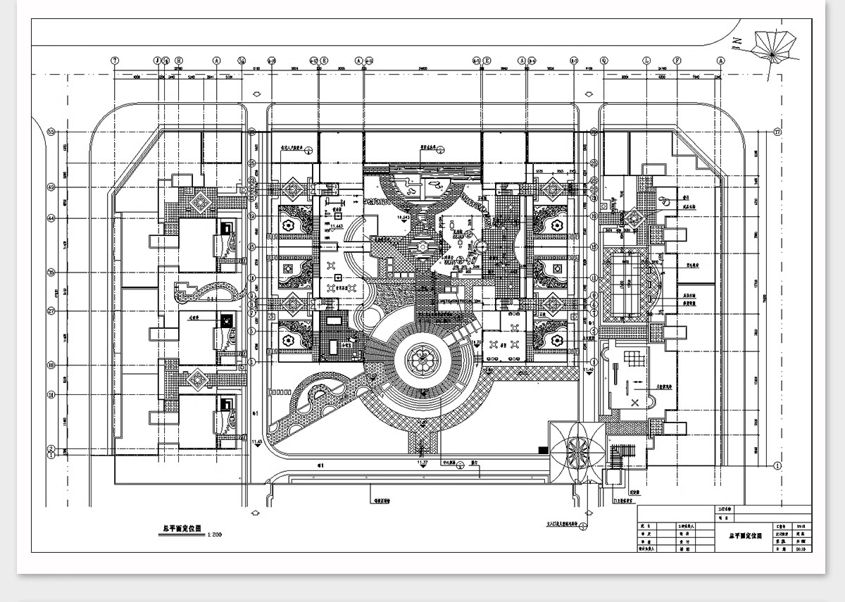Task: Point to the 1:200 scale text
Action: click(215, 536)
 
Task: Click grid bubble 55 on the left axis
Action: click(51, 131)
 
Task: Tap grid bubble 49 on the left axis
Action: click(51, 187)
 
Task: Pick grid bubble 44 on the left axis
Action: click(51, 218)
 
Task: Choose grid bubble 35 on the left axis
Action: click(51, 272)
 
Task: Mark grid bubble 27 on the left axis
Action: click(51, 310)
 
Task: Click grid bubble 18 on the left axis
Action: click(51, 365)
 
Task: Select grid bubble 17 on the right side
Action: click(777, 132)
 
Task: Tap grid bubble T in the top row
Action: click(114, 61)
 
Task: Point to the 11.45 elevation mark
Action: click(256, 441)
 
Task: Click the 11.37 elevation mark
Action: click(421, 461)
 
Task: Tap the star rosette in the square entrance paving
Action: click(576, 449)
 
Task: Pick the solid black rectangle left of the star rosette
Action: click(543, 449)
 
